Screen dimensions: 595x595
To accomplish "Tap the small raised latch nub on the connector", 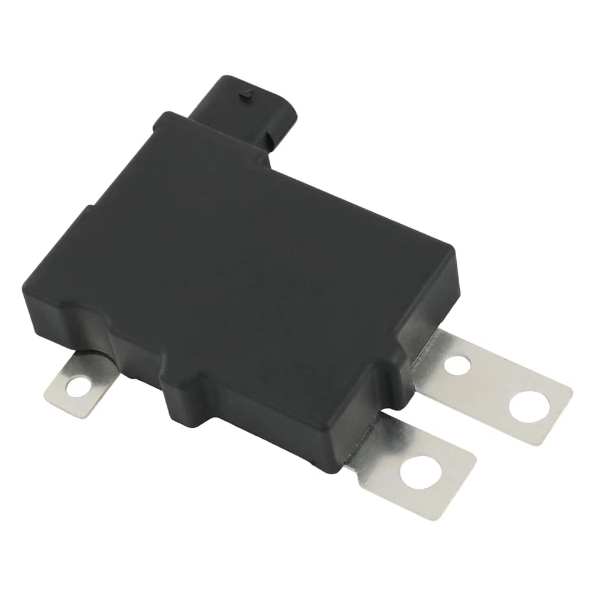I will [x=246, y=95].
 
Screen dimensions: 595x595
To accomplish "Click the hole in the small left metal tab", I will [x=78, y=387].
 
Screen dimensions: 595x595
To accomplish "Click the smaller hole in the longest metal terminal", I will [x=457, y=364].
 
